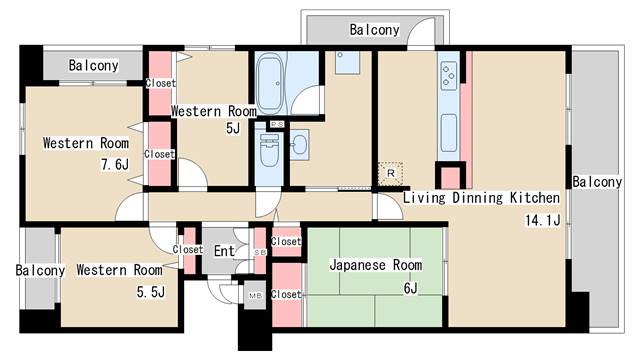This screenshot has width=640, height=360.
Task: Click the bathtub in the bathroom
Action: click(270, 84)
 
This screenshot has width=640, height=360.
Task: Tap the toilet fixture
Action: click(269, 150)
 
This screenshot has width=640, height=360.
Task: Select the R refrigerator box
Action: click(390, 173)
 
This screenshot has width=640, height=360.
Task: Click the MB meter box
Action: click(255, 295)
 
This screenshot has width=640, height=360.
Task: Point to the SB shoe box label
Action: click(260, 252)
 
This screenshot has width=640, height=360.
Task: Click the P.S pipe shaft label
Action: click(277, 124)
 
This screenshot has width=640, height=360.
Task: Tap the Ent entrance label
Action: click(224, 251)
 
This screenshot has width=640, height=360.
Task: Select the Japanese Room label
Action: click(376, 264)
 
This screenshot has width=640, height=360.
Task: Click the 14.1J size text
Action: click(543, 220)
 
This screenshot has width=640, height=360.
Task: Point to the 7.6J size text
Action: click(115, 164)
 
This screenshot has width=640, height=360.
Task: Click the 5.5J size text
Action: click(151, 292)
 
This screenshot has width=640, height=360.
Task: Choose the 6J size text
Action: click(411, 288)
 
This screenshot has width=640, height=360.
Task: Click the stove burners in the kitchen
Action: click(449, 75)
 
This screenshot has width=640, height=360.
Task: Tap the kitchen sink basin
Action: click(449, 133)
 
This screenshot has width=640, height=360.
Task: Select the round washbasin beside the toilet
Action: click(300, 144)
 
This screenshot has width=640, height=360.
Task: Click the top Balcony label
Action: click(374, 29)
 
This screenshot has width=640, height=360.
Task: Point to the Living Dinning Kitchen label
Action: click(481, 198)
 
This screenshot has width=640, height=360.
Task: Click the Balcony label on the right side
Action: click(597, 182)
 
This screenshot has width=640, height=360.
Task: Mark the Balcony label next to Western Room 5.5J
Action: click(40, 270)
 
